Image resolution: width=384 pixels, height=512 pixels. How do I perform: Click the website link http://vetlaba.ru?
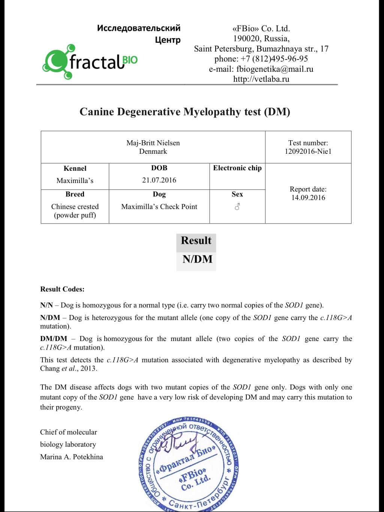261,79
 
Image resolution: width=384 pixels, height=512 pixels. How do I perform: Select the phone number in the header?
280,59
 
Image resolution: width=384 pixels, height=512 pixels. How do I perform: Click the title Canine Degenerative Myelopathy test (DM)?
185,112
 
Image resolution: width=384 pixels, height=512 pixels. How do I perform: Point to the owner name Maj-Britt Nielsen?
153,143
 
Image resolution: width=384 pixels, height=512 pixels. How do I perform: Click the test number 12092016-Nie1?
308,152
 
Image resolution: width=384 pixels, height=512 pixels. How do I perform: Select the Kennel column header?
75,168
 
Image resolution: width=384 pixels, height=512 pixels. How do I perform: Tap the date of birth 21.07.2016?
159,180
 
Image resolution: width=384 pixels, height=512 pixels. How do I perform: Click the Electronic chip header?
237,168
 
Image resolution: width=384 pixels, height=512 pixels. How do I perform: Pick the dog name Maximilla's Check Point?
159,207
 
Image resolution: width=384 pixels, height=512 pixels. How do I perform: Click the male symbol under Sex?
237,207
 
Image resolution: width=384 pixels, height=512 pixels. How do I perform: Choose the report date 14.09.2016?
308,198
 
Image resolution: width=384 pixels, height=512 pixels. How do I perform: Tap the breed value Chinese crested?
75,207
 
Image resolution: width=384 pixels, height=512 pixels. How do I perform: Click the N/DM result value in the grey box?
197,259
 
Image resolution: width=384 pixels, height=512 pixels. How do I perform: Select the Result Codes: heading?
62,289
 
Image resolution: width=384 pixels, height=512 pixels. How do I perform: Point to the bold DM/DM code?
54,339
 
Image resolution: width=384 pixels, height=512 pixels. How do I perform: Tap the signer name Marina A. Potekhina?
72,457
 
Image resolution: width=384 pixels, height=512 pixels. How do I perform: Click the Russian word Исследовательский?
139,28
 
